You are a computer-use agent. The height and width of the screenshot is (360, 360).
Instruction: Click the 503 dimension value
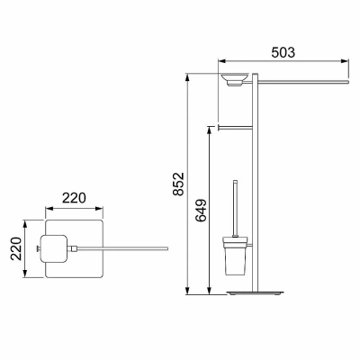(283, 52)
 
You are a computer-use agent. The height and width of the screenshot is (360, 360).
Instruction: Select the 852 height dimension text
(179, 184)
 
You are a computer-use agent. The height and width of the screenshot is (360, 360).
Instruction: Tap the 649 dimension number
(201, 210)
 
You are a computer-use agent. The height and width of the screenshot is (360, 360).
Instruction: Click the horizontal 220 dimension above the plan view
(74, 198)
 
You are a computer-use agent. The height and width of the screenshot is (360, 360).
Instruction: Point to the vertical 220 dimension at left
(16, 248)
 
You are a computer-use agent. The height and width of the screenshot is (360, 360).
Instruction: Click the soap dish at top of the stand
(235, 79)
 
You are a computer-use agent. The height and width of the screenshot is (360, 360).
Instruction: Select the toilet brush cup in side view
(235, 256)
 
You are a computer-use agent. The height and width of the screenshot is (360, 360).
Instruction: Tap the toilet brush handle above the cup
(236, 208)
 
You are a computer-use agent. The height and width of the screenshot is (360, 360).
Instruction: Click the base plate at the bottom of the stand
(255, 292)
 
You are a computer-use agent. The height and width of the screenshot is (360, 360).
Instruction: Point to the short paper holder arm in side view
(235, 128)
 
